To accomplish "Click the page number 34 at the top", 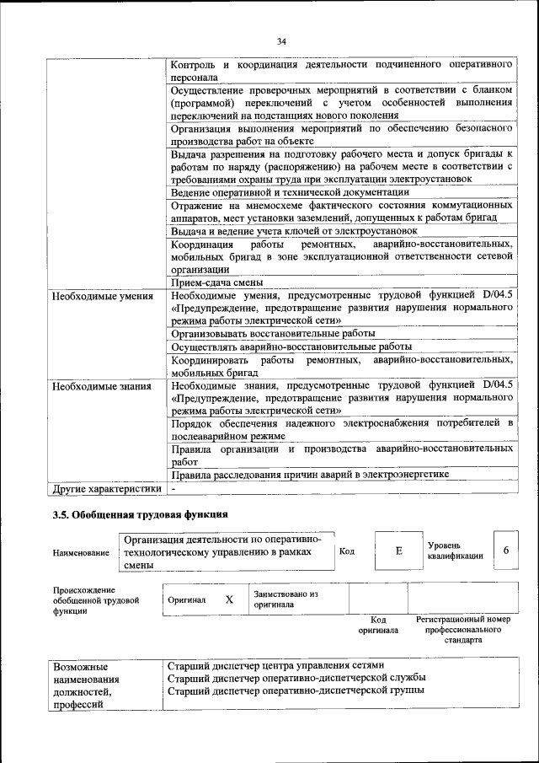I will [281, 41].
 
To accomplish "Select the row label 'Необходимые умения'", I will [102, 296].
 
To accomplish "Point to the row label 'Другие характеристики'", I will [105, 488].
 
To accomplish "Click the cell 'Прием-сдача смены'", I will [217, 282].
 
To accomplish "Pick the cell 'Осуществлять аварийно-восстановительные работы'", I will [291, 347].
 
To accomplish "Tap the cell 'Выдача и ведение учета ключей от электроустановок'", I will [294, 230].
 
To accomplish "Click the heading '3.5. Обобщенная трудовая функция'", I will [140, 514].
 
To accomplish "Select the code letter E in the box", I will [398, 551].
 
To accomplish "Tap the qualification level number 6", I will [506, 551].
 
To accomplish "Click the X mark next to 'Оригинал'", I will [228, 599].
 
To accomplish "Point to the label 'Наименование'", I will [81, 552].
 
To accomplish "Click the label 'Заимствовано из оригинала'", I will [286, 599].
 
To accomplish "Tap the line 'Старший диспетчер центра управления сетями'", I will [275, 664].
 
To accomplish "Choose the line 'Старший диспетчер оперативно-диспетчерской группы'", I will [296, 690].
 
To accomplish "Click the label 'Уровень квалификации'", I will [455, 551].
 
